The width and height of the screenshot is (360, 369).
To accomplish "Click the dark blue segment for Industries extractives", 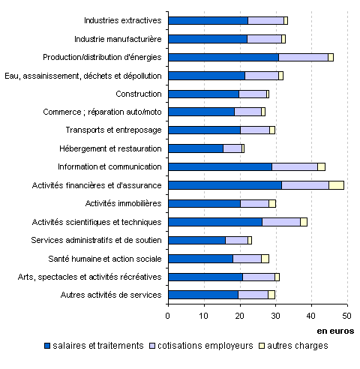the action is click(208, 20).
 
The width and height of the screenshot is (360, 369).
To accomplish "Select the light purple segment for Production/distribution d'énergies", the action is click(303, 57).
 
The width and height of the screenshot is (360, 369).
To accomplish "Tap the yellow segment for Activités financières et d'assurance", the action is click(336, 185).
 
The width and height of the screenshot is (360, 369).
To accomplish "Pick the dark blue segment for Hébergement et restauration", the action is click(196, 148).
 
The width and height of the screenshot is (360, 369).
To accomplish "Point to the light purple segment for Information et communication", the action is click(295, 166).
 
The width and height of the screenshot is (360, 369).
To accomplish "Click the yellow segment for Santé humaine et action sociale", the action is click(265, 259).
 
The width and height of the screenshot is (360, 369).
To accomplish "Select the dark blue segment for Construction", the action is click(204, 94).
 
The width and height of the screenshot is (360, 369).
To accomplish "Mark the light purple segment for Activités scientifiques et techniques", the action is click(281, 222).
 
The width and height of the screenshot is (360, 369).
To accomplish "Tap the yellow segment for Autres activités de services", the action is click(271, 295).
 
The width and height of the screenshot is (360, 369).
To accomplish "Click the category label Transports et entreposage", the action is click(114, 130).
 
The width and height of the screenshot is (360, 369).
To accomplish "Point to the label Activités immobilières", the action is click(123, 203).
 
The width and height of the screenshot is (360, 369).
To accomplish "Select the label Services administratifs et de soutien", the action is click(96, 240).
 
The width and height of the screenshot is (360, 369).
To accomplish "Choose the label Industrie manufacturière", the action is click(118, 39).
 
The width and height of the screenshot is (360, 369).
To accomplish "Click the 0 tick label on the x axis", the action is click(168, 316).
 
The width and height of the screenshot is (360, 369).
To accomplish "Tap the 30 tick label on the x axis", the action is click(276, 316).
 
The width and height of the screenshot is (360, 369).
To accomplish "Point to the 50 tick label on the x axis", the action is click(347, 316).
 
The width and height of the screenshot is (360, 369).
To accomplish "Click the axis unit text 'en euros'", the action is click(335, 331).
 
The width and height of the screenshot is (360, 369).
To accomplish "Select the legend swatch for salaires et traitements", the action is click(47, 346).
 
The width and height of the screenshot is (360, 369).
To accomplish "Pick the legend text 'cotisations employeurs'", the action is click(205, 346).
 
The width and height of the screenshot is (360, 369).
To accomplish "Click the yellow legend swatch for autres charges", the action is click(262, 346).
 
